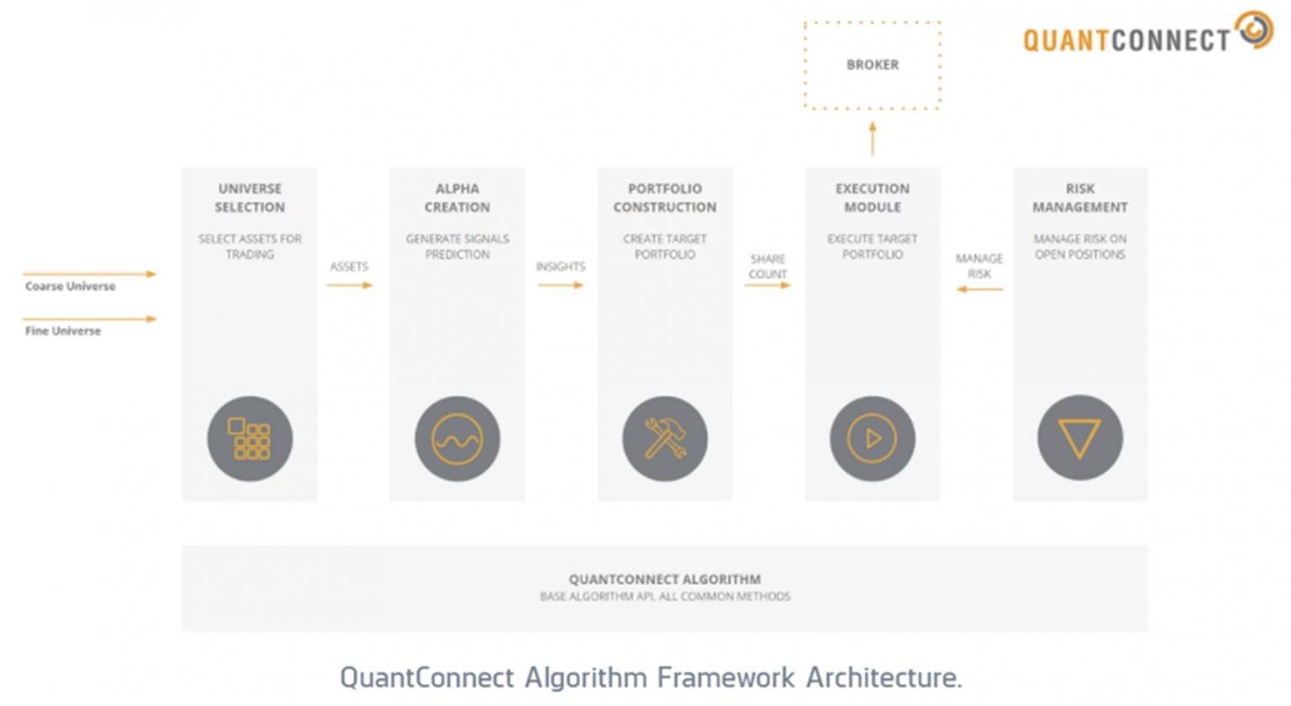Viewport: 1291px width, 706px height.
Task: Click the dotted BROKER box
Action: [x=872, y=66]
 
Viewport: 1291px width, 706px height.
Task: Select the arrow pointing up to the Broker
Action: [x=872, y=139]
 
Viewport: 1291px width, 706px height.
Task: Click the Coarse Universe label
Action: [x=70, y=287]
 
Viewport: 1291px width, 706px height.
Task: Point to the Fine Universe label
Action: [x=63, y=331]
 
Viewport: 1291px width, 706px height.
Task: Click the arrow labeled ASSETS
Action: [x=349, y=286]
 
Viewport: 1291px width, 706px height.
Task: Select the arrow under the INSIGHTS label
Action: [x=560, y=286]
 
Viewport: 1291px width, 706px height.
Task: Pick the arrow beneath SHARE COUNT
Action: [x=767, y=286]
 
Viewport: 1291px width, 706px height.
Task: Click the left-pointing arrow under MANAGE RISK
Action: [x=979, y=290]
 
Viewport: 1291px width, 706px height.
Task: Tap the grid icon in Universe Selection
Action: [x=250, y=439]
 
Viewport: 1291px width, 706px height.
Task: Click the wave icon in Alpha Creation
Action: [x=457, y=439]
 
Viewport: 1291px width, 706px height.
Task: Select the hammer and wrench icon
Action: [x=665, y=439]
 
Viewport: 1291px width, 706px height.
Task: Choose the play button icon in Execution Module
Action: [x=872, y=439]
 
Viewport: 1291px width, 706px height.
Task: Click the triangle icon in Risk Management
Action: [x=1080, y=439]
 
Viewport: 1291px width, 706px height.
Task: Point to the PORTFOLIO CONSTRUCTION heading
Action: [x=665, y=198]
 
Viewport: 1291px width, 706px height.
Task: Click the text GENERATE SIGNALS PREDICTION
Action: [x=457, y=246]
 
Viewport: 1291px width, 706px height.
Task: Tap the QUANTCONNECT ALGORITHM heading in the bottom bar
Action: [x=665, y=579]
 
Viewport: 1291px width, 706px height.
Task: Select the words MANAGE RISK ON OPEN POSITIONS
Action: [x=1080, y=246]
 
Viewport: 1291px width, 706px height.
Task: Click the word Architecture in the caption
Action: [x=883, y=677]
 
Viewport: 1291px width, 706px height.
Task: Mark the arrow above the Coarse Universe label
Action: [x=89, y=274]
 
